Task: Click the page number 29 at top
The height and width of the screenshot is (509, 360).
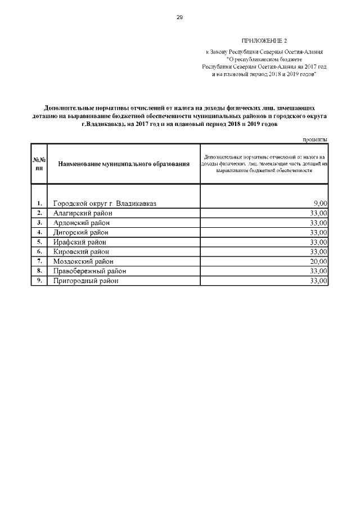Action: click(180, 17)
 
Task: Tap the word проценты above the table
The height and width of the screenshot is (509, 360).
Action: click(314, 139)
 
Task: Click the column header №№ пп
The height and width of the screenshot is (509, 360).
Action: click(39, 163)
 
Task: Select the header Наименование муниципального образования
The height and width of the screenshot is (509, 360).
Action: click(124, 163)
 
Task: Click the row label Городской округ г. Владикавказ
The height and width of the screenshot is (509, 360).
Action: click(104, 203)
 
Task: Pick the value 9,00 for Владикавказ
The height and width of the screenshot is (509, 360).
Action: click(320, 203)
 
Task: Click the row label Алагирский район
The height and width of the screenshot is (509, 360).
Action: click(83, 213)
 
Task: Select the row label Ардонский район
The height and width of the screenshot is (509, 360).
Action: click(82, 223)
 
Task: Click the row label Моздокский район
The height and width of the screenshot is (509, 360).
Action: click(83, 262)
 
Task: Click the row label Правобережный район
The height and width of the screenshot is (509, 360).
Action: click(89, 271)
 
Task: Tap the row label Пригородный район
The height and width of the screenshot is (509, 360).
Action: click(85, 281)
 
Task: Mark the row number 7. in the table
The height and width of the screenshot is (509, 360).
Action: click(39, 262)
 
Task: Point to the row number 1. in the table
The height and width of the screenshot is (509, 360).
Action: click(39, 203)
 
